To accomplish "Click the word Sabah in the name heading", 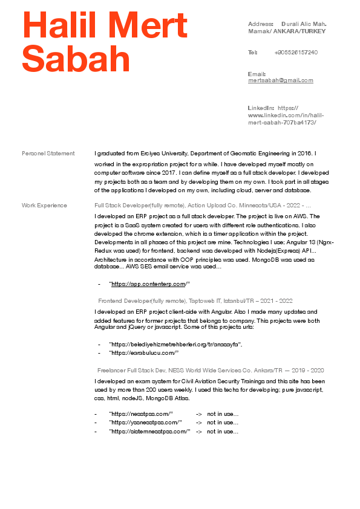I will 76,59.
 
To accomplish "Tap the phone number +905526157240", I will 296,53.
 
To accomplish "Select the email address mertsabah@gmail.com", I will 280,80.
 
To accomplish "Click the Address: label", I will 261,24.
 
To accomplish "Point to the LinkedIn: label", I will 261,108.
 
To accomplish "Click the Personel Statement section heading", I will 48,154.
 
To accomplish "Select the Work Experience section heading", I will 45,206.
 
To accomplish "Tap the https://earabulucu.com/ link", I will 144,353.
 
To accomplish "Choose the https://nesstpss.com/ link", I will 137,414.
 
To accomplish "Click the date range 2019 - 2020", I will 309,370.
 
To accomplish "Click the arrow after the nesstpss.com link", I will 199,414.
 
